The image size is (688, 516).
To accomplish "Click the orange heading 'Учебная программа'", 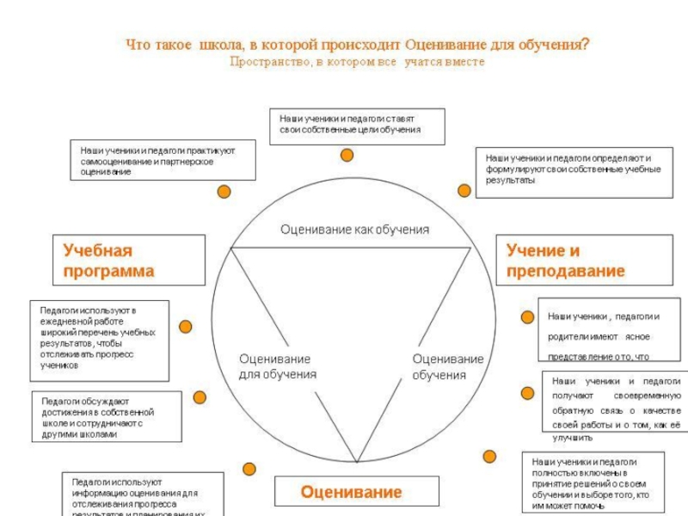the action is tap(129, 261).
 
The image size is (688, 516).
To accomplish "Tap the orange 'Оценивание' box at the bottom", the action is tap(351, 492).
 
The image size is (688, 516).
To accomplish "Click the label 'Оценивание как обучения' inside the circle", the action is tap(354, 230).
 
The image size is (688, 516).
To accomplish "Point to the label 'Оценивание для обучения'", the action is tap(277, 366).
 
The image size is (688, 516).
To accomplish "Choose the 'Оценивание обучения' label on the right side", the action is tap(447, 366).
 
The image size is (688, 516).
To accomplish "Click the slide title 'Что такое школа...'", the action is tap(358, 44).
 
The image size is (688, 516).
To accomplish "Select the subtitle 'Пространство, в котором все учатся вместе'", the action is tap(357, 62).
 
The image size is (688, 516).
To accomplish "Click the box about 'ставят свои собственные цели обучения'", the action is tap(358, 126).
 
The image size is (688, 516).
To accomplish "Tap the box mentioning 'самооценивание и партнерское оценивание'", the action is tap(163, 161).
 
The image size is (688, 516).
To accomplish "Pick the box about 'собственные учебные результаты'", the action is tap(573, 170).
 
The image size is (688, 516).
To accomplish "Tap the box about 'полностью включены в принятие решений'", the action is tap(593, 482).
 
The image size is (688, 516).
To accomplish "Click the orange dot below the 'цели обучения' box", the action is tap(347, 155).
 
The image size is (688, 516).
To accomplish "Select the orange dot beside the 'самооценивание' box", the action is tap(224, 191).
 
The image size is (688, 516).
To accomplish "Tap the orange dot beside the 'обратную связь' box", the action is tap(527, 393).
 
